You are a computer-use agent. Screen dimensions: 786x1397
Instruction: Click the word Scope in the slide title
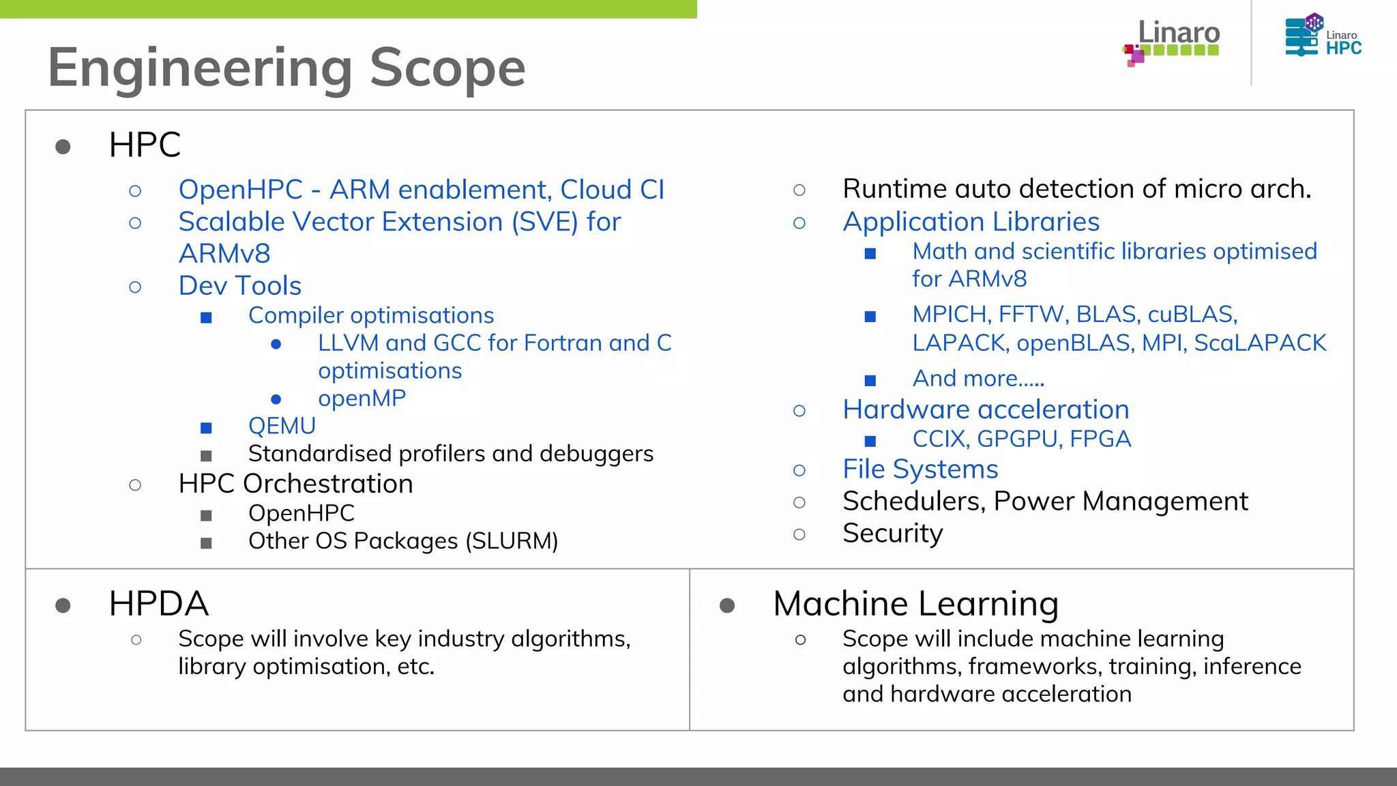click(447, 68)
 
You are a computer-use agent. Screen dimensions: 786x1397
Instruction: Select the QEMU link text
click(282, 426)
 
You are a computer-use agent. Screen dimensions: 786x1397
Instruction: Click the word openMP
click(362, 398)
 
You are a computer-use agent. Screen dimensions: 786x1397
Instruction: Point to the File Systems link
click(920, 469)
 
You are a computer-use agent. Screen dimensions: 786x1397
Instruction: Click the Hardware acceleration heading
click(986, 409)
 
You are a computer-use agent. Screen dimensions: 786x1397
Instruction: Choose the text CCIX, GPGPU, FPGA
click(1021, 439)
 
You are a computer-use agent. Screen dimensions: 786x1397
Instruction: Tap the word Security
click(892, 534)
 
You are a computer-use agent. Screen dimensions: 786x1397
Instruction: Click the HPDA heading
click(158, 604)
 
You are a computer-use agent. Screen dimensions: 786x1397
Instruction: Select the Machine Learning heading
click(915, 604)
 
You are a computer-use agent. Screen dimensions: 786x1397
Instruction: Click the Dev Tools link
click(239, 286)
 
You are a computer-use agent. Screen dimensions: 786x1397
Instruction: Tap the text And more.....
click(977, 379)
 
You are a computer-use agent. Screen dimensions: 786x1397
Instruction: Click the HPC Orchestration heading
click(295, 484)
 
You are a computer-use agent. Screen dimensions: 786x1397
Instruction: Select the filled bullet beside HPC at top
click(63, 147)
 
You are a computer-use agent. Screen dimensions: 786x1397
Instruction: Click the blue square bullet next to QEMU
click(206, 428)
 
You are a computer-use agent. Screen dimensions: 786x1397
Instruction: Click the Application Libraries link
click(971, 222)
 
